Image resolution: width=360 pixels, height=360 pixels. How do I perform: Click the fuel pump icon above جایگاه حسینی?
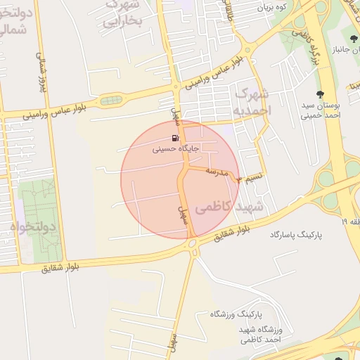(x=173, y=138)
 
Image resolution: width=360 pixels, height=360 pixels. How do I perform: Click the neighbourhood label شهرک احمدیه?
(x=252, y=102)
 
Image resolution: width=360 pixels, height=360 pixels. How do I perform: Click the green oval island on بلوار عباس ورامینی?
(x=110, y=101)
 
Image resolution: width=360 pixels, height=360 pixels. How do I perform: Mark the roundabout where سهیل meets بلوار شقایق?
(x=192, y=243)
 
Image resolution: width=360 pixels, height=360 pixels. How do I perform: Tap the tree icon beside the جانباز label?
(x=351, y=38)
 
